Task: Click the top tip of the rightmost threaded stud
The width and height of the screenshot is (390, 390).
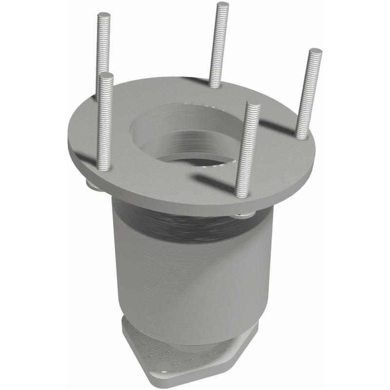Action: [x=315, y=51]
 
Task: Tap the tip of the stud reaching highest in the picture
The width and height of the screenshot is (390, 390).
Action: [x=223, y=5]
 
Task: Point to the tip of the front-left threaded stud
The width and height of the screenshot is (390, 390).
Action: [x=106, y=76]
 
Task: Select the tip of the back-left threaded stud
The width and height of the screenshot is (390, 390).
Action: [x=104, y=15]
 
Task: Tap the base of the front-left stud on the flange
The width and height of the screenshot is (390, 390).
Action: [x=104, y=167]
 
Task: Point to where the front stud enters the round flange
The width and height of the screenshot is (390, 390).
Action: [x=242, y=195]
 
